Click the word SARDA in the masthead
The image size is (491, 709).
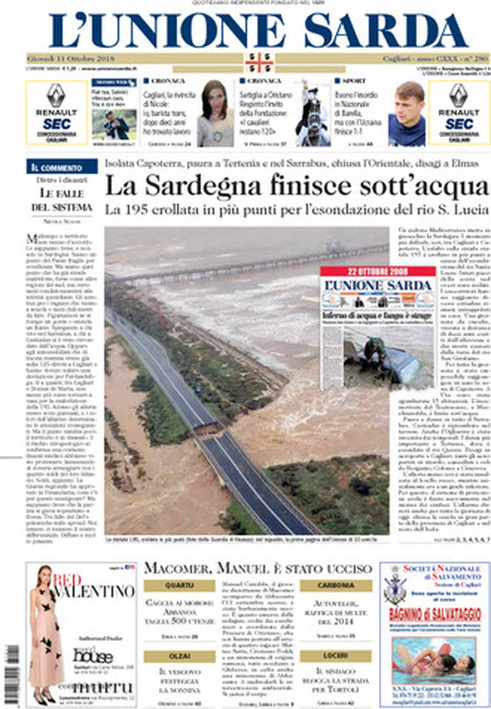(x=385, y=30)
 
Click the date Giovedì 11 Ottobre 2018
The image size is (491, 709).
(x=67, y=59)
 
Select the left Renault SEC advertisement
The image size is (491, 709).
(x=56, y=113)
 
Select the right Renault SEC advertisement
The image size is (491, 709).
(x=459, y=113)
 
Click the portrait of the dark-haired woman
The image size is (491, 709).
(x=214, y=112)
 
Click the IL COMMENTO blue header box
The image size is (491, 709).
(x=62, y=167)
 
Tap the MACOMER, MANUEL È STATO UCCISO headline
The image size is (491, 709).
(x=257, y=568)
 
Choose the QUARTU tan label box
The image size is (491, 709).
(x=179, y=585)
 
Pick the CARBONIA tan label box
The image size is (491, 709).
(x=335, y=585)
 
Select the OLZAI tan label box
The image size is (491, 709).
(x=179, y=656)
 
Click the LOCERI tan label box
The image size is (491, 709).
(x=335, y=656)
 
